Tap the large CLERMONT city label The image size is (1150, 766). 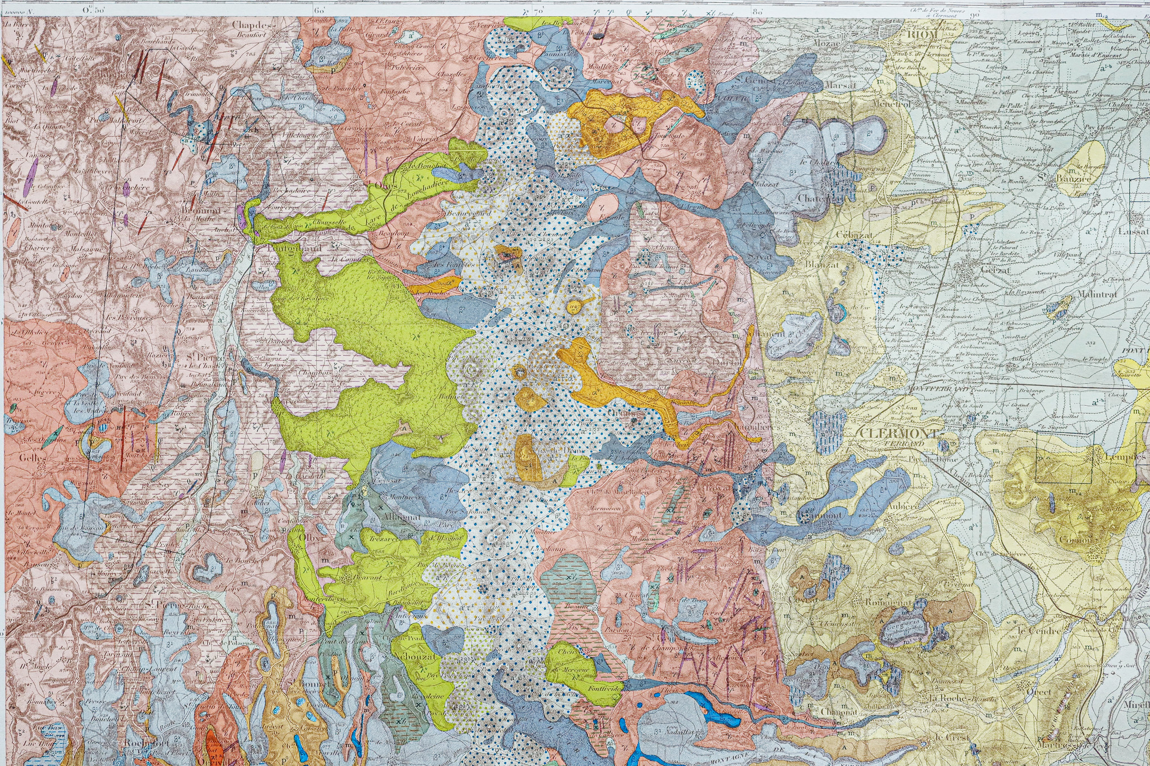[x=898, y=434]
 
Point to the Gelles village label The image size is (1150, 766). [x=32, y=457]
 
